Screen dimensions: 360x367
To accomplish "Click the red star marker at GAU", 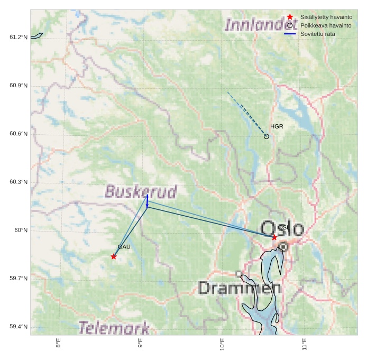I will click(x=114, y=256).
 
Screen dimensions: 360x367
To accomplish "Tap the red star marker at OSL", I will click(x=274, y=237).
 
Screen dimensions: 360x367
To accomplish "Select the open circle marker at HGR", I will click(x=267, y=136).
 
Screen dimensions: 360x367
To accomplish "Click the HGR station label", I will click(x=277, y=127).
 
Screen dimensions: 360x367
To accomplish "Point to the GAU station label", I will click(x=124, y=247).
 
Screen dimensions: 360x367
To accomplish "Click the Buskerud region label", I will click(x=141, y=191).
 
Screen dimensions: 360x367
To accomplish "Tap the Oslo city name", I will click(x=283, y=228).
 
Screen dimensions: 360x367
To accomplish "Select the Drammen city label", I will click(x=240, y=288).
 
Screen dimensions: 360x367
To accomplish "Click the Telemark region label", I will click(x=114, y=328).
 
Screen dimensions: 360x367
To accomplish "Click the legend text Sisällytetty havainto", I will click(x=326, y=17).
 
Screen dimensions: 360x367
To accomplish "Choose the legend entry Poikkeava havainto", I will click(x=326, y=25).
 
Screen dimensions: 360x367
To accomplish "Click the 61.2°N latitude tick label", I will click(x=19, y=37).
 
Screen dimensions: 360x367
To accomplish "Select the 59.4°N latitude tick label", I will click(x=19, y=327).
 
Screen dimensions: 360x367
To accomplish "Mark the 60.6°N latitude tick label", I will click(x=19, y=134).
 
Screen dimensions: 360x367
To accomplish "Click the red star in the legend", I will click(x=290, y=17).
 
